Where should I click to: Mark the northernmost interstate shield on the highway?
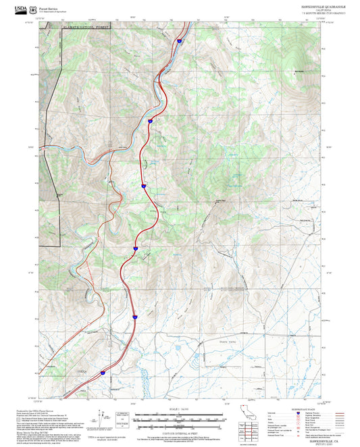point(180,41)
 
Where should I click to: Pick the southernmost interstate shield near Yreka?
point(103,372)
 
